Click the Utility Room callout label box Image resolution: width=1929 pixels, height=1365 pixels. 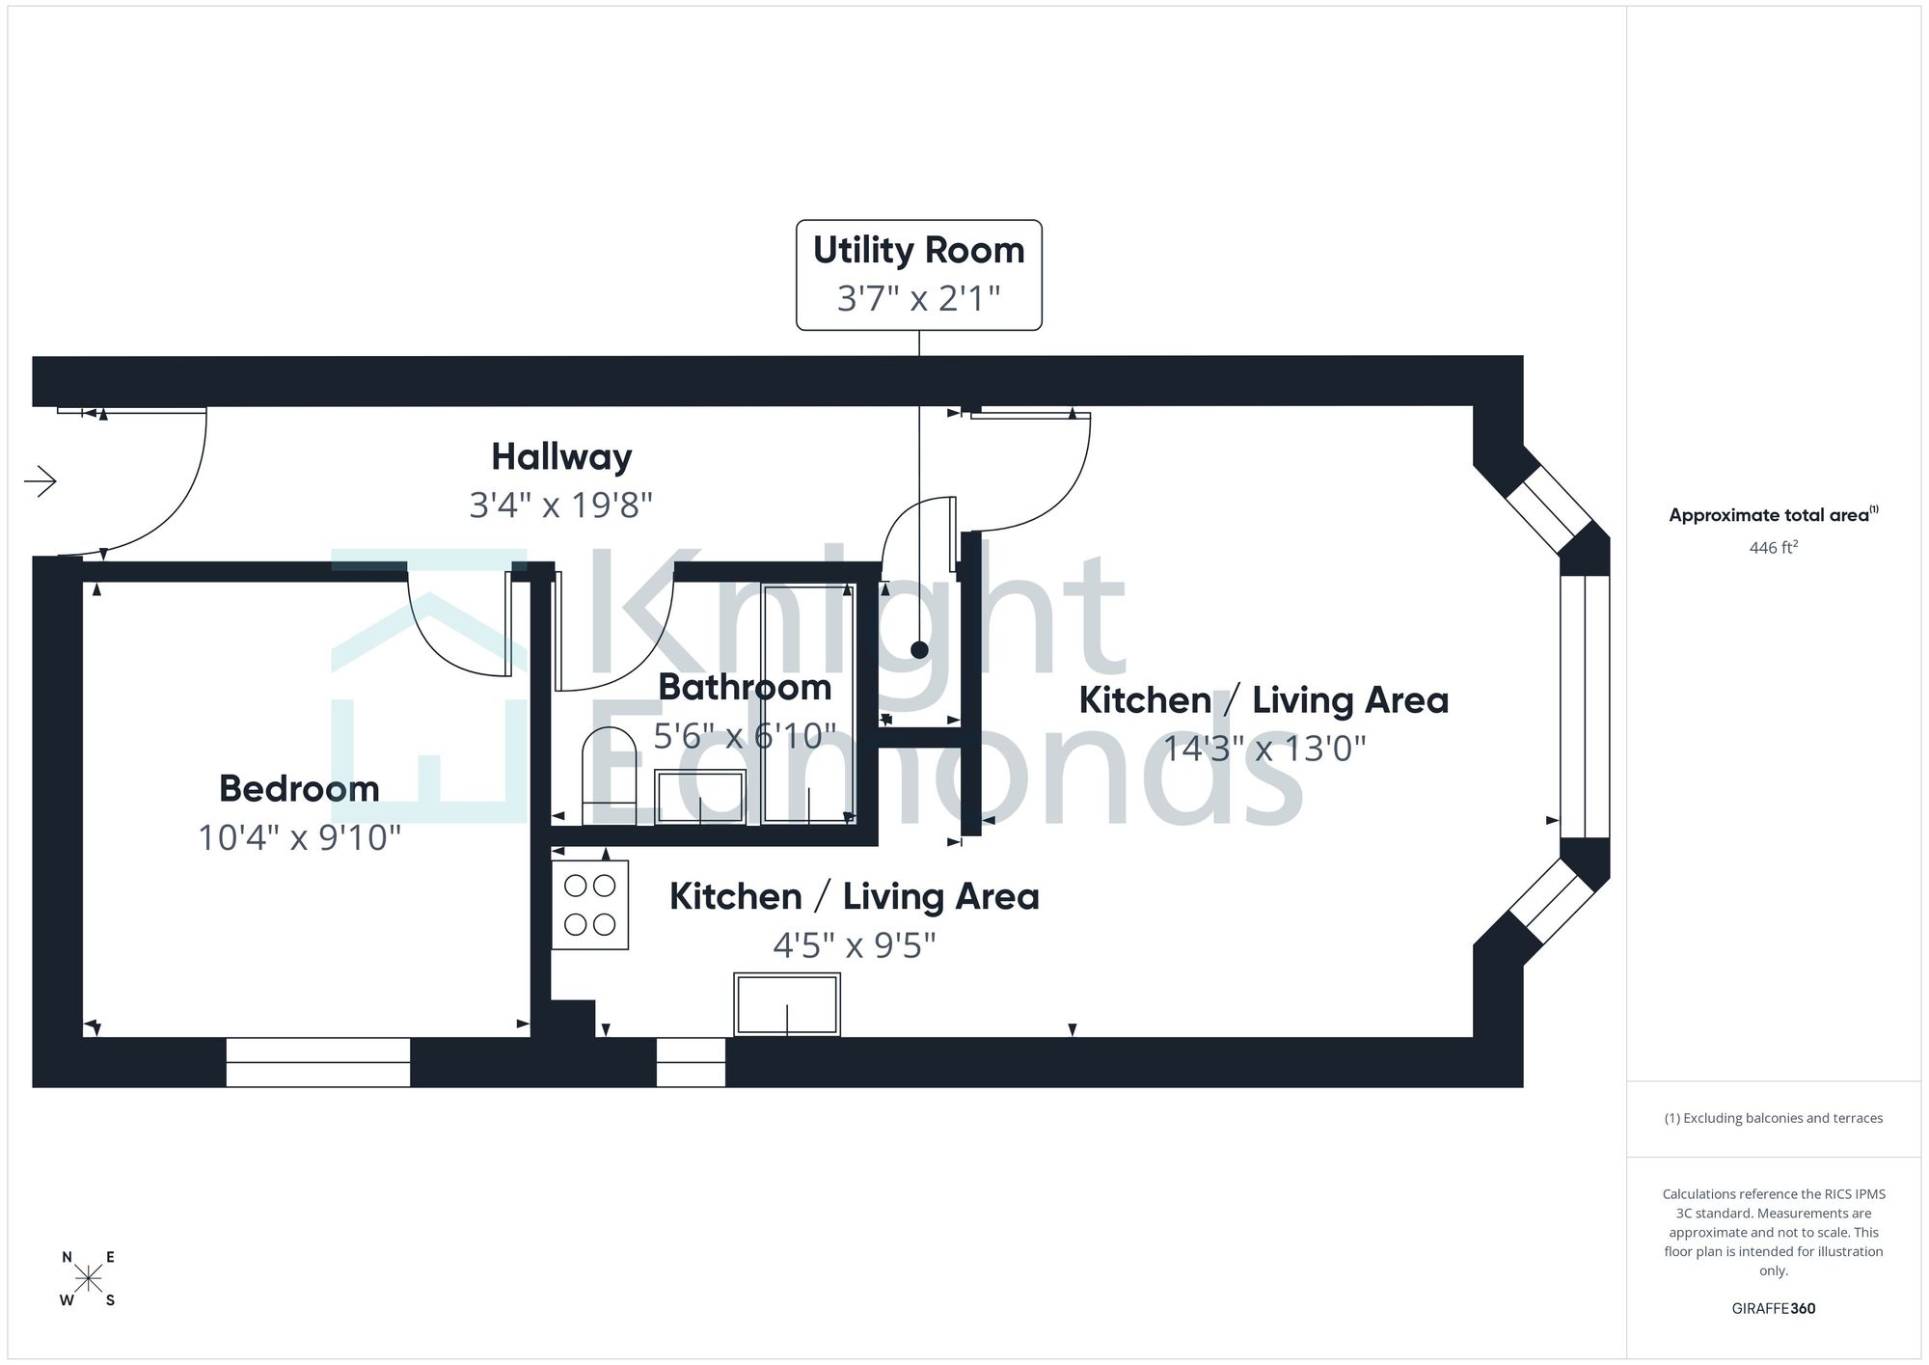pos(918,275)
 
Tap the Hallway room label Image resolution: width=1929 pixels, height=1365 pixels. pos(561,457)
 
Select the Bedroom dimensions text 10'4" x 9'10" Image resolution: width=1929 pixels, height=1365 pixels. pos(299,837)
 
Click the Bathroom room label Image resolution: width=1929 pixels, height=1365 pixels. pos(745,688)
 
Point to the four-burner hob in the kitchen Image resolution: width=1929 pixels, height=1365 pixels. pos(590,905)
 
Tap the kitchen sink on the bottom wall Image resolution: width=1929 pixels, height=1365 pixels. pos(787,1004)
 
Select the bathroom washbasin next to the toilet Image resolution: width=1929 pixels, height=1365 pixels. pos(700,797)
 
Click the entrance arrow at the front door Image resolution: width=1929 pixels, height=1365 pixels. pos(41,480)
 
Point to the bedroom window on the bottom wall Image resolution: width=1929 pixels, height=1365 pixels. pos(318,1062)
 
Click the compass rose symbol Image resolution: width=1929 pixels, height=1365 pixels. pos(89,1279)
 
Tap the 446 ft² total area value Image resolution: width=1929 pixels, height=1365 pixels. pos(1774,547)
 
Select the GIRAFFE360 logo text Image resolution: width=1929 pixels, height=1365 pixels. pos(1774,1308)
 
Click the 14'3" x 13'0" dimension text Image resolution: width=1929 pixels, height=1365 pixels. pos(1264,749)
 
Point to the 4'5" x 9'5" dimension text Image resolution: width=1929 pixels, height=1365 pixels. pos(855,945)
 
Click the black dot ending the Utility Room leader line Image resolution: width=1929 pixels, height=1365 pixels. pos(919,650)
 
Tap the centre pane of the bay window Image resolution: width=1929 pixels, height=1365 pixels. pos(1586,706)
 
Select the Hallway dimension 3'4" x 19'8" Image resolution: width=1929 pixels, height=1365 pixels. pos(561,505)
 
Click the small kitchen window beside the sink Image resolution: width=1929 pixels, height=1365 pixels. pos(691,1062)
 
